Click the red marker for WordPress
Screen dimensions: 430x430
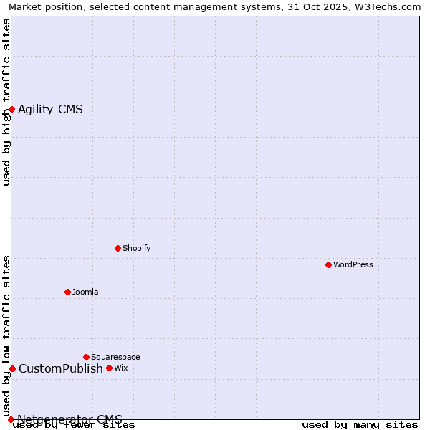pos(328,264)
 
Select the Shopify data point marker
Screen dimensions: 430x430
pos(118,248)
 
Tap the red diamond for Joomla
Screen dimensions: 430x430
pos(67,292)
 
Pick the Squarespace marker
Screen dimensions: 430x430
pos(86,357)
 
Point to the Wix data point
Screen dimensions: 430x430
pos(109,368)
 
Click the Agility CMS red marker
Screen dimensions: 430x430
pos(12,109)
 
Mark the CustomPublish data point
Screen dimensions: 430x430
pos(12,368)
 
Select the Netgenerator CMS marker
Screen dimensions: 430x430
pos(11,419)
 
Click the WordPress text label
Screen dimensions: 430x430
pos(353,264)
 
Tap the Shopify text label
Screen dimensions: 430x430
pos(136,248)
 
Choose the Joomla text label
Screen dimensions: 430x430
pos(85,292)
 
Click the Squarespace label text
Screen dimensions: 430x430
pos(115,357)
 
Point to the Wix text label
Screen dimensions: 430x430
pos(120,368)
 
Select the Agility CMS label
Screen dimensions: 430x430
pos(50,109)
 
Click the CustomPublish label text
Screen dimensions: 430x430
pos(61,368)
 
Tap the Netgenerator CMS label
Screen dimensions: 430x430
pos(70,419)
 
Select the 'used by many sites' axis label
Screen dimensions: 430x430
pos(360,424)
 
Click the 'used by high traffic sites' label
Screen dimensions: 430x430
pos(6,102)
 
